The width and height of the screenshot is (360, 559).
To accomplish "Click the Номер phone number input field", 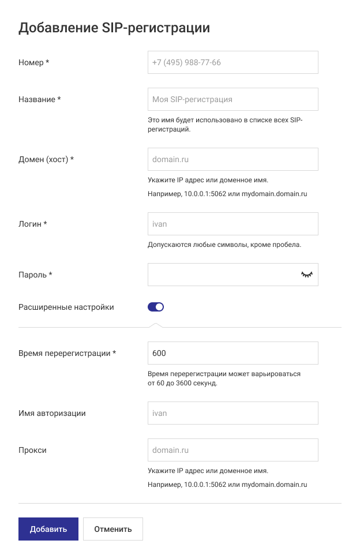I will click(x=232, y=62).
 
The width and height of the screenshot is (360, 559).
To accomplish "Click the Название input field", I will click(x=232, y=99).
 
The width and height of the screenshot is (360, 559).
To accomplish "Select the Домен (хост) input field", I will click(x=232, y=159).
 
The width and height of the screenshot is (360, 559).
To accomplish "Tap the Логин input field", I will click(x=232, y=224).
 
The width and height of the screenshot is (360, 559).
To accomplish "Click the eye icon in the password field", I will click(x=306, y=275).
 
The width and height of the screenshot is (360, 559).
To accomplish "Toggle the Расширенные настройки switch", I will click(x=156, y=307).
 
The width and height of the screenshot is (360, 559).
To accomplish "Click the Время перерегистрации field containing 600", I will click(x=232, y=353).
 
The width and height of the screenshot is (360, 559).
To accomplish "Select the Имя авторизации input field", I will click(x=232, y=413).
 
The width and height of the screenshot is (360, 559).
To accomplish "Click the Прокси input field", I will click(x=232, y=450).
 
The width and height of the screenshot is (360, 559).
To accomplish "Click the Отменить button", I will click(x=113, y=528).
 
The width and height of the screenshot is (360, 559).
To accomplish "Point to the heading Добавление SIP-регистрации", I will click(x=114, y=28).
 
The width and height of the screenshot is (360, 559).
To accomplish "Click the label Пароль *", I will click(x=35, y=275).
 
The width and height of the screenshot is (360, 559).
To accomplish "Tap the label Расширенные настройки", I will click(x=66, y=307).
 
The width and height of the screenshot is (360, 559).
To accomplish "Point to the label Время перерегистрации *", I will click(x=67, y=353).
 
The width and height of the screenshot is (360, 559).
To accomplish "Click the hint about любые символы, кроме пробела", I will click(x=224, y=245).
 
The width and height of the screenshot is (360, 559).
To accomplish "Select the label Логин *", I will click(x=33, y=224).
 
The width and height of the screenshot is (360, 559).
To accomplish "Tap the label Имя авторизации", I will click(x=52, y=413).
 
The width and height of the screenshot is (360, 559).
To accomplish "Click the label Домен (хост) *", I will click(x=46, y=159).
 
